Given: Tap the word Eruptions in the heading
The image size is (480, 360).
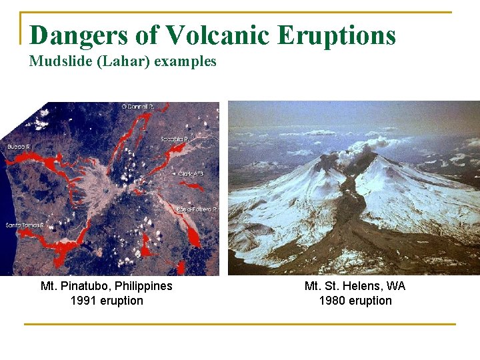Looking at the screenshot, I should tap(337, 35).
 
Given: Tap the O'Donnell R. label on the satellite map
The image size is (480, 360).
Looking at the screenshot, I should tap(138, 106).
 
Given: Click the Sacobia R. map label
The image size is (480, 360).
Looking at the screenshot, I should tap(175, 139).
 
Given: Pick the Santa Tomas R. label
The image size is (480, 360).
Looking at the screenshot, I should tap(24, 225).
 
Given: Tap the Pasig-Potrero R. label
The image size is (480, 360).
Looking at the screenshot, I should tap(197, 209).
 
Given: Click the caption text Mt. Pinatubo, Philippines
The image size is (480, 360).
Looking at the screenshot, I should tap(107, 286).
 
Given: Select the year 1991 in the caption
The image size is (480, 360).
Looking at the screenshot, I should tap(83, 301).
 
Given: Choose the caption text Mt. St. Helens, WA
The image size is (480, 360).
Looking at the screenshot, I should tap(355, 286).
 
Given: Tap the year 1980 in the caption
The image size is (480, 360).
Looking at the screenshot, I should tap(332, 301).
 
